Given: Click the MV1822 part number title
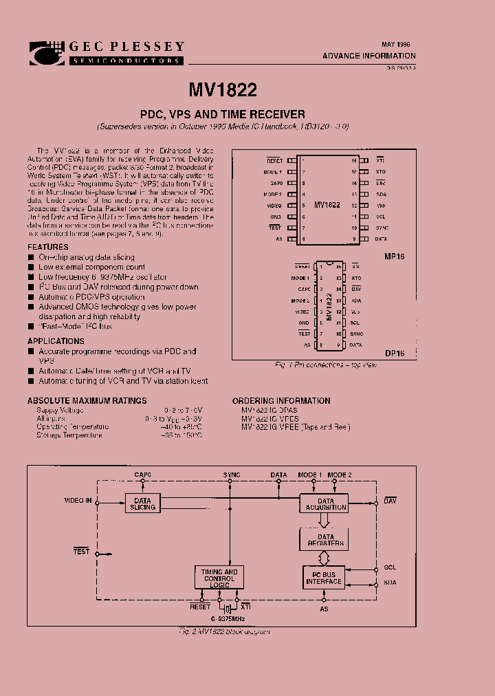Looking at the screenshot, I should tap(223, 89).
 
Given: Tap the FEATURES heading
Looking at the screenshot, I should tap(48, 247).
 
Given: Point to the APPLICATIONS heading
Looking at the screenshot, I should tap(56, 341).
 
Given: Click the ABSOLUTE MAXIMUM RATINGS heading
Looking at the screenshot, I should tap(87, 400).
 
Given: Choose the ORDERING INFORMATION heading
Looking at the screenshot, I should tap(280, 400).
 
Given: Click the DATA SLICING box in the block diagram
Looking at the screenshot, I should tap(143, 503).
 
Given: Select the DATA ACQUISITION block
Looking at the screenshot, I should tap(324, 503).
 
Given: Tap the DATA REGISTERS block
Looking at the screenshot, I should tap(326, 541).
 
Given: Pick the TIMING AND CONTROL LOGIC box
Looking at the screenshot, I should tap(219, 578).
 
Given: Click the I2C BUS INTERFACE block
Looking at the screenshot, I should tap(324, 578).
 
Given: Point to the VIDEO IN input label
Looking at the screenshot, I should tap(78, 500).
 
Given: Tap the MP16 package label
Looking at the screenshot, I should tap(395, 255).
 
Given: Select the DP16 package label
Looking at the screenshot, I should tap(395, 354).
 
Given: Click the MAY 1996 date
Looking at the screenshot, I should tap(396, 43).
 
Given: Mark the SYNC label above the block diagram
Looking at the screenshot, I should tap(232, 475).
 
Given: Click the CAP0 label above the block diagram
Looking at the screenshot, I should tap(142, 475).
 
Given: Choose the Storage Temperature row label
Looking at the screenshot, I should tap(69, 435).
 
